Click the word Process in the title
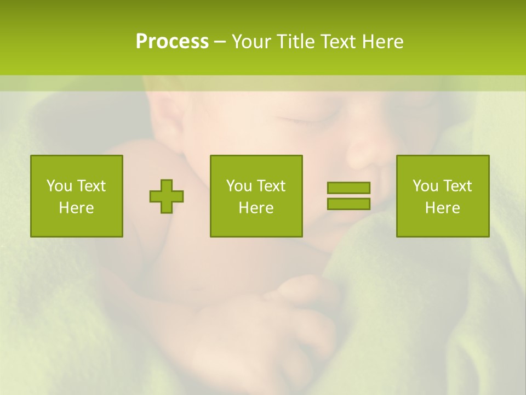coord(172,42)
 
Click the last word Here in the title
coord(382,42)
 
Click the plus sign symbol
coord(167,196)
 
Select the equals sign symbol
coord(348,196)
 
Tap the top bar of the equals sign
coord(348,188)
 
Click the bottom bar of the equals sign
coord(348,204)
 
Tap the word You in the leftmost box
coord(59,186)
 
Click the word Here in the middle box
coord(256,208)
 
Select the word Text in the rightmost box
coord(458,186)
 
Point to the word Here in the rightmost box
coord(442,208)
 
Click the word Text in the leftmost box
coord(92,186)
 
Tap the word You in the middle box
coord(239,186)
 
